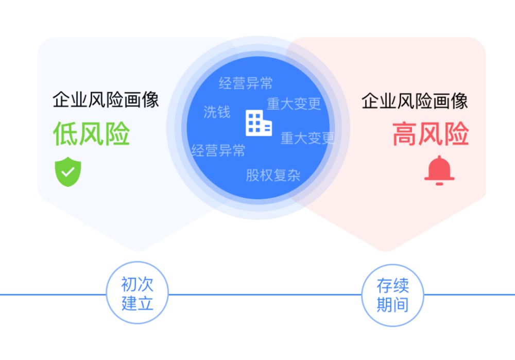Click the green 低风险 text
(x=91, y=133)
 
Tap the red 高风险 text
(x=431, y=133)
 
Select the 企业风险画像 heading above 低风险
(x=106, y=100)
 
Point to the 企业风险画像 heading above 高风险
(x=415, y=101)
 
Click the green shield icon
(x=68, y=172)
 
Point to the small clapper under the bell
(x=439, y=184)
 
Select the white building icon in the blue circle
(x=259, y=123)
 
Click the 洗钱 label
(x=217, y=112)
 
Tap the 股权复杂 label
(x=273, y=175)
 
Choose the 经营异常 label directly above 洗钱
(x=246, y=83)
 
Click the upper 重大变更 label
(x=294, y=104)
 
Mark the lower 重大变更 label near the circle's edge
(x=308, y=138)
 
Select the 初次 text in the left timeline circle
(x=138, y=284)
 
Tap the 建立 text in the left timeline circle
(x=138, y=303)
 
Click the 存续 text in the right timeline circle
(x=393, y=285)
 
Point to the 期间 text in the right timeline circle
(x=393, y=304)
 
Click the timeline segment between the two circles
(x=265, y=295)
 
